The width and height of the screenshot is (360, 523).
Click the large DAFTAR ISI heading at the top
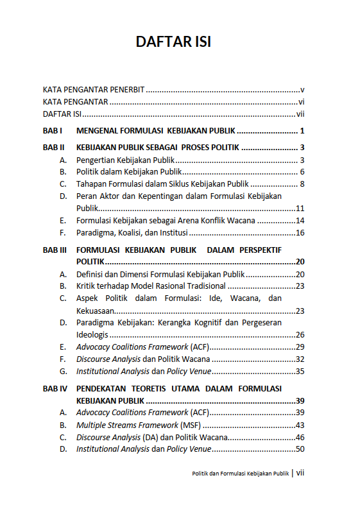click(173, 42)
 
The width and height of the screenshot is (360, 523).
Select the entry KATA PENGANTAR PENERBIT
click(94, 90)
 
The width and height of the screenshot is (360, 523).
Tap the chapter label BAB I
click(51, 131)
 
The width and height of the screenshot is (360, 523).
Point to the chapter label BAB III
click(55, 250)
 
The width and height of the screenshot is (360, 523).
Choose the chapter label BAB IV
click(55, 388)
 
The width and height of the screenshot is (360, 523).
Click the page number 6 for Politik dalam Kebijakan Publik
click(301, 172)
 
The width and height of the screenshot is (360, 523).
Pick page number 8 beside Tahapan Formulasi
click(301, 184)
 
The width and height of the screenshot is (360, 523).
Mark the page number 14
click(300, 220)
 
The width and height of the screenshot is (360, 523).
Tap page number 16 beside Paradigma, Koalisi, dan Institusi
click(300, 232)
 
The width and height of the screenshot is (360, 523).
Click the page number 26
click(300, 334)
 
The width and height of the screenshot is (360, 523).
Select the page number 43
click(300, 425)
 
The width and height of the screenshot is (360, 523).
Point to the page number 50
click(300, 449)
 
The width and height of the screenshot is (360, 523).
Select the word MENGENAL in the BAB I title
click(99, 131)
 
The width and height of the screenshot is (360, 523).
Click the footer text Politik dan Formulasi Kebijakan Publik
click(241, 474)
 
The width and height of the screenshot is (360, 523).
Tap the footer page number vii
click(300, 473)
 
